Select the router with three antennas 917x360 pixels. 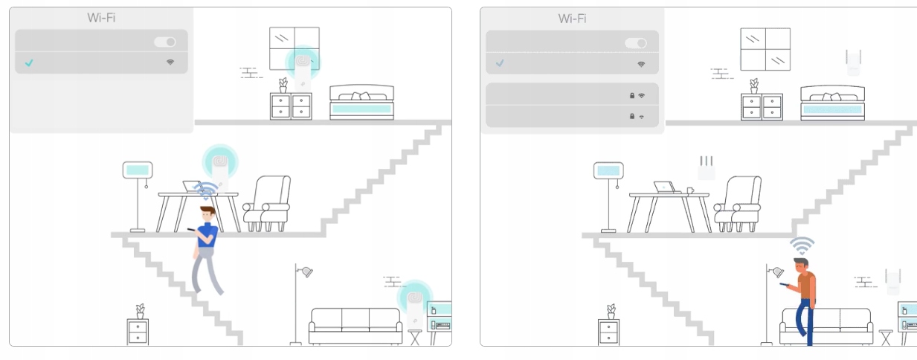pyautogui.click(x=706, y=169)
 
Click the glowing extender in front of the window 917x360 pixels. pyautogui.click(x=303, y=68)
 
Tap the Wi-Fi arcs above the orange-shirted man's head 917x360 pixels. pyautogui.click(x=802, y=245)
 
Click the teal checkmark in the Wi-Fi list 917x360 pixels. pyautogui.click(x=29, y=63)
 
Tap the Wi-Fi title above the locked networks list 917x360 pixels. pyautogui.click(x=572, y=18)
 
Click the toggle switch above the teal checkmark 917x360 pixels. pyautogui.click(x=165, y=42)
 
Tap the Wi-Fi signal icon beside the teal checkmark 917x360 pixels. pyautogui.click(x=170, y=62)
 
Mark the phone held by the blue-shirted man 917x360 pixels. pyautogui.click(x=191, y=228)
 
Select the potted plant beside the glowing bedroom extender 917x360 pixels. pyautogui.click(x=283, y=85)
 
